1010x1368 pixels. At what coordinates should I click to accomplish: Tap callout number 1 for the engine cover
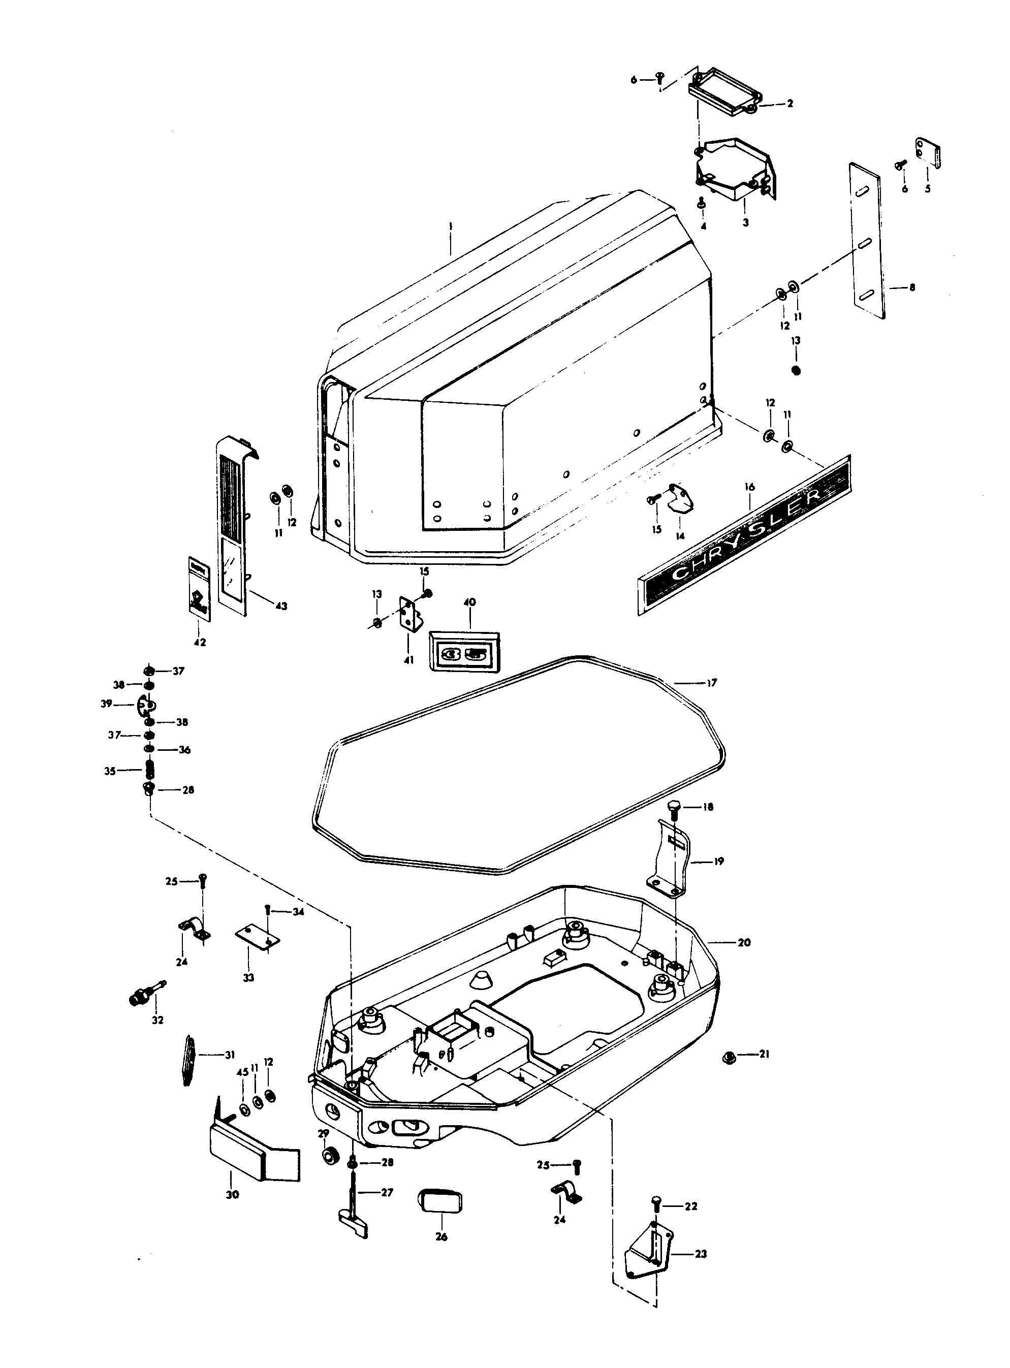(x=450, y=226)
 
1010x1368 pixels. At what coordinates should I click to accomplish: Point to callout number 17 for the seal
(x=712, y=683)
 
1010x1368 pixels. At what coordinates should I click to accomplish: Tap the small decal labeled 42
(x=199, y=588)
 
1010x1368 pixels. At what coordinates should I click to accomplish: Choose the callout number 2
(x=790, y=104)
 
